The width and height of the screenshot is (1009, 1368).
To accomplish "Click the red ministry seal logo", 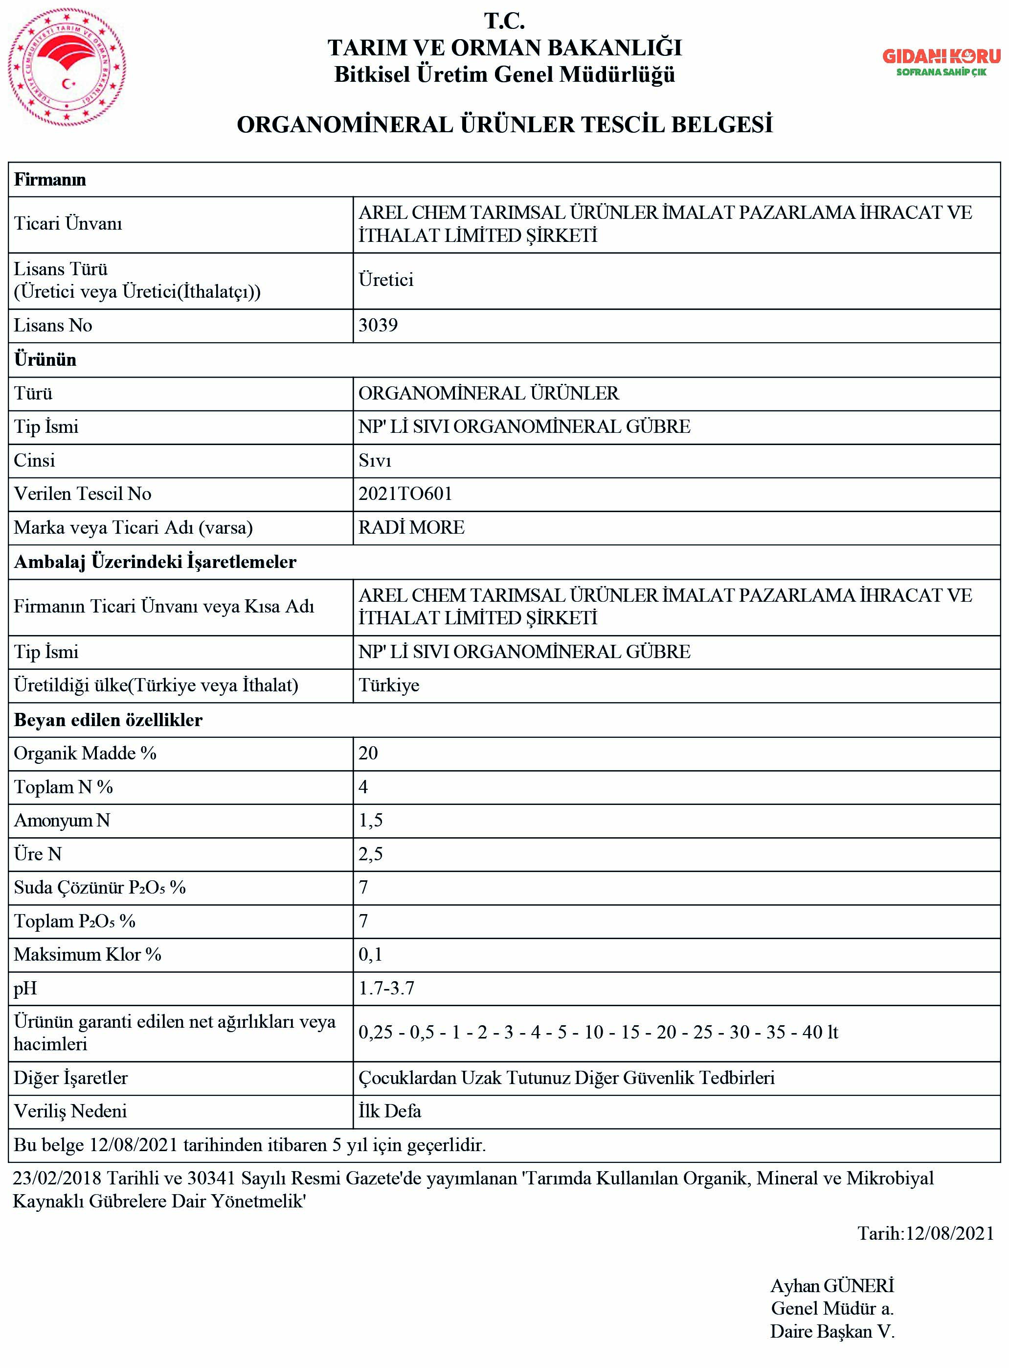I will tap(67, 67).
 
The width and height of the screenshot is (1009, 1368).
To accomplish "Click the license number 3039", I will tap(378, 325).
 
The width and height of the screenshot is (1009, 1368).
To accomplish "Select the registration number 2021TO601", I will tap(405, 494).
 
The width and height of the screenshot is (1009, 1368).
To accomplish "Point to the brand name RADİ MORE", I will tap(411, 527).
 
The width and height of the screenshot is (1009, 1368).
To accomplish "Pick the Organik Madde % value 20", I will tap(368, 753).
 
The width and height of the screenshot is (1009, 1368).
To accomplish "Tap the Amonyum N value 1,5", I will tap(371, 820).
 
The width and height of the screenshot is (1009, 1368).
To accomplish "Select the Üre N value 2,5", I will tap(371, 854).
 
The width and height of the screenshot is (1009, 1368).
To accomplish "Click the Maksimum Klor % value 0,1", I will tap(370, 955).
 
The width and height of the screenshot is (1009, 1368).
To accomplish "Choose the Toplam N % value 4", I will tap(363, 787).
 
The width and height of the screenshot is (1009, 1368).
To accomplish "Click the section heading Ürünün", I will tap(45, 359).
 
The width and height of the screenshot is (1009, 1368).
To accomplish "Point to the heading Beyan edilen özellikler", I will tap(108, 719).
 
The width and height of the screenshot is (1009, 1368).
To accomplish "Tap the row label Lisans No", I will tap(53, 325).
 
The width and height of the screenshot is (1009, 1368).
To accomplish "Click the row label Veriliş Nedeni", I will tap(70, 1110).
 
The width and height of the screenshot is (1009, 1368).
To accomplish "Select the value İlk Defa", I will tap(390, 1110).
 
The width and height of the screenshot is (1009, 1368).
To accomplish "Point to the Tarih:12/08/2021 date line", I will tap(925, 1233).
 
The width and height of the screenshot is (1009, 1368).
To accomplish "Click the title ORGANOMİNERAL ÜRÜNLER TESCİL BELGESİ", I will tap(505, 125).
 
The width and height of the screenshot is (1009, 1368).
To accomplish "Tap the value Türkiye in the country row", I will tap(389, 685).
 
